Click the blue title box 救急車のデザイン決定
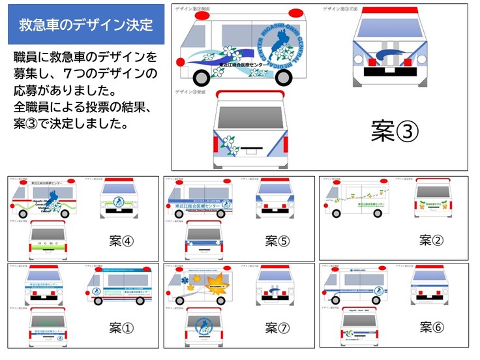pos(85,26)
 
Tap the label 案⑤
pos(277,241)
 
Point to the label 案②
pos(431,241)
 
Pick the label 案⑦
pos(277,327)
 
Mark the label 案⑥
pos(431,327)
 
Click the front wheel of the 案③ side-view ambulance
pos(286,75)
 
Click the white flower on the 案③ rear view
pos(229,142)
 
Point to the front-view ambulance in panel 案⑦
pos(275,285)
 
